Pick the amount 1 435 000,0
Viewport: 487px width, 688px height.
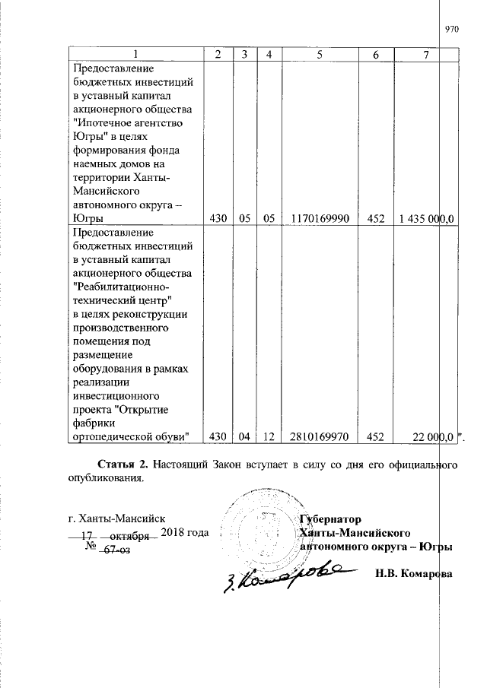[426, 219]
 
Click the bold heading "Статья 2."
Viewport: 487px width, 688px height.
[123, 464]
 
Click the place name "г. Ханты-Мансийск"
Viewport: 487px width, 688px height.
[112, 519]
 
